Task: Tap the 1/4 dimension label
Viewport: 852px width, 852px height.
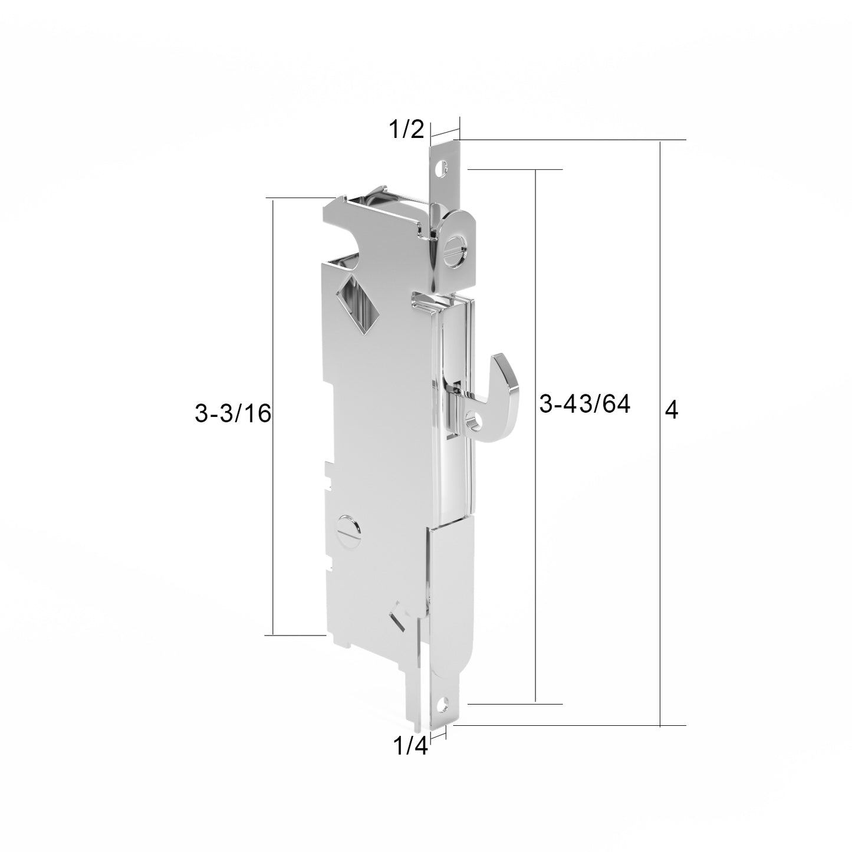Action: pos(410,746)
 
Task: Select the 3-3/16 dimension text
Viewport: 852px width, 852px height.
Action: pos(232,414)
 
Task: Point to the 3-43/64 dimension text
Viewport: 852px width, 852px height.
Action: pos(585,404)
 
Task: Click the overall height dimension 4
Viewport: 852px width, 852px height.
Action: pos(671,410)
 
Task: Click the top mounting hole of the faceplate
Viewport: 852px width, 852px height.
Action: pos(439,168)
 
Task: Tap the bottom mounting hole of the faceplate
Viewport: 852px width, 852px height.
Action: pos(443,703)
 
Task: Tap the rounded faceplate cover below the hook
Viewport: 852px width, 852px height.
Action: pos(450,596)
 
